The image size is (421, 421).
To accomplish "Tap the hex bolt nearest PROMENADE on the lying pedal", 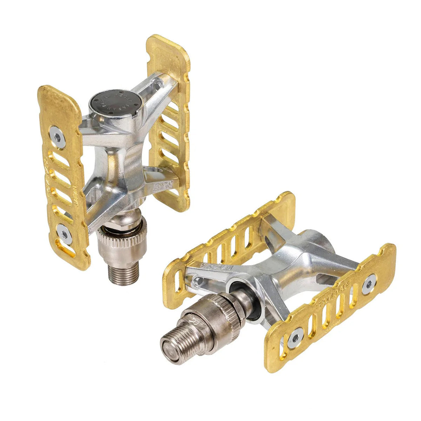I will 369,283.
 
